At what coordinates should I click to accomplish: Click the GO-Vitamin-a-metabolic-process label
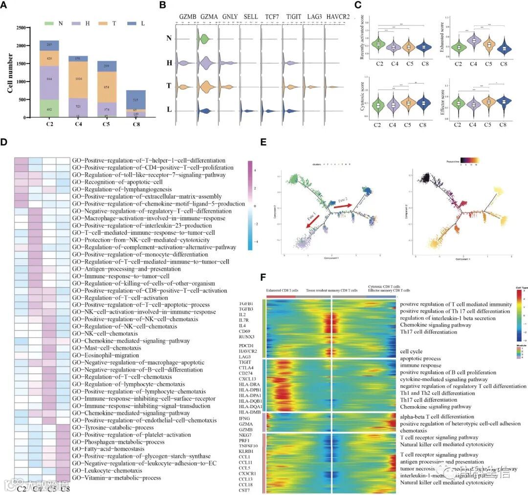point(120,478)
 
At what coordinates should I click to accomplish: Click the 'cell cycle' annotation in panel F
point(411,351)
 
